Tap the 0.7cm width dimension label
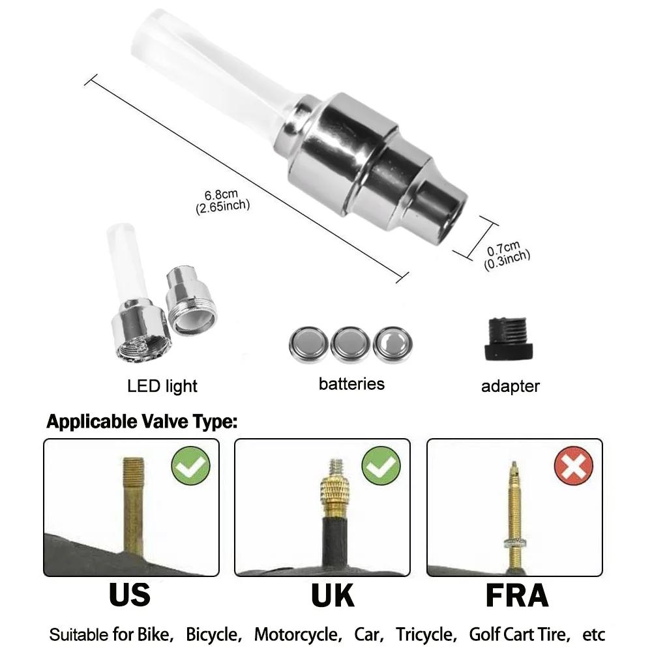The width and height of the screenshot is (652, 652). [506, 252]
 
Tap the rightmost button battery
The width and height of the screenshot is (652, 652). [393, 343]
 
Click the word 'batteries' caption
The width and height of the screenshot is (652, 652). [351, 383]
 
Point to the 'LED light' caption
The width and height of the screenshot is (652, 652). [162, 386]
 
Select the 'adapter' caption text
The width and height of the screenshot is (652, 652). [511, 386]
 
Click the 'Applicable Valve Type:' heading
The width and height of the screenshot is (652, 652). [141, 422]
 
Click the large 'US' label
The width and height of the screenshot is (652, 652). [130, 595]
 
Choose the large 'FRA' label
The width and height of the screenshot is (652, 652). [516, 595]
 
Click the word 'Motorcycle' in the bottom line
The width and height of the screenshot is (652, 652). [297, 634]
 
